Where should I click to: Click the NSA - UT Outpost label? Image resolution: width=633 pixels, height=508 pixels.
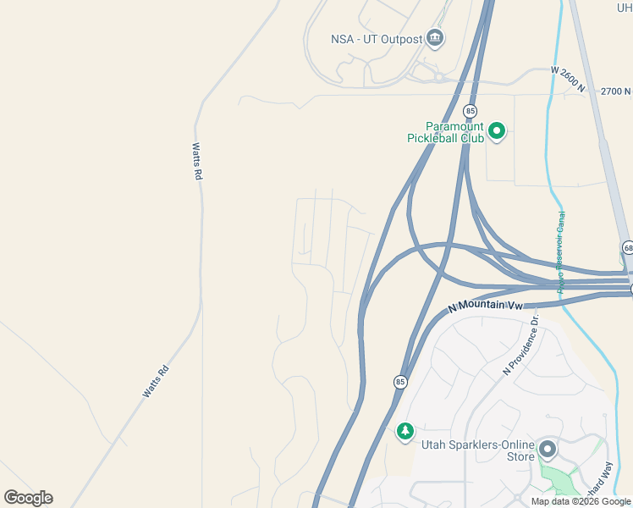pos(377,38)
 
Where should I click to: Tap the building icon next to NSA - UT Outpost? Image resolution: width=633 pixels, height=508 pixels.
pos(435,37)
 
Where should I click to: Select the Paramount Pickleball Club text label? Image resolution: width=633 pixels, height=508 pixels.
pos(454,132)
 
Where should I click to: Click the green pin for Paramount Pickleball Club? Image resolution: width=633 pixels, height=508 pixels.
pos(497,131)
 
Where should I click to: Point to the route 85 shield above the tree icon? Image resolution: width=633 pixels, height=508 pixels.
pos(399,382)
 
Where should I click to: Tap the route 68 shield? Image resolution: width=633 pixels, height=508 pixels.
pos(627,247)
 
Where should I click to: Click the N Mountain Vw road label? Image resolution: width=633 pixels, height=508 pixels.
pos(487,308)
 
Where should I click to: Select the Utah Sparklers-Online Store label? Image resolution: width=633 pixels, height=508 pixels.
pos(478,451)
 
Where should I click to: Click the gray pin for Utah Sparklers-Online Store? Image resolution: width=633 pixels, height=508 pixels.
pos(548,449)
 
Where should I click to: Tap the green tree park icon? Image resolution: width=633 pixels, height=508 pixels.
pos(405,432)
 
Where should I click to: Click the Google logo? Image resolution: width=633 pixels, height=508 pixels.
pos(28,498)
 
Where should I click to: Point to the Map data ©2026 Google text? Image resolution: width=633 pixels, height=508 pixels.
pos(581,501)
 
